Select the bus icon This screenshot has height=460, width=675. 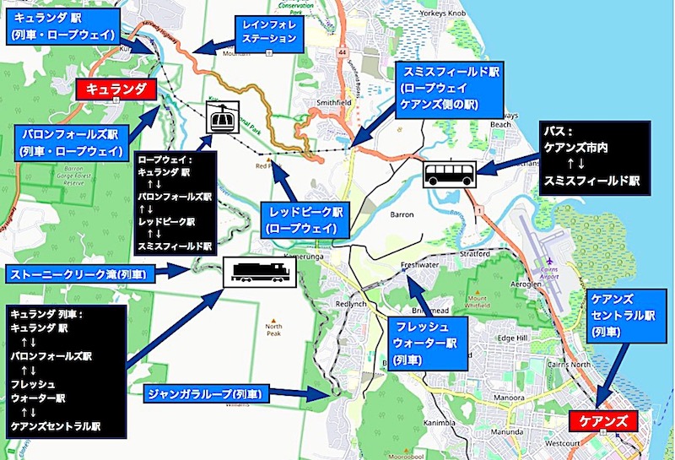click(x=449, y=175)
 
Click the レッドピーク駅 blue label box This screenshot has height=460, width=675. click(x=301, y=219)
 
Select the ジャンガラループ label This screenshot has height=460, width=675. click(x=207, y=393)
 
